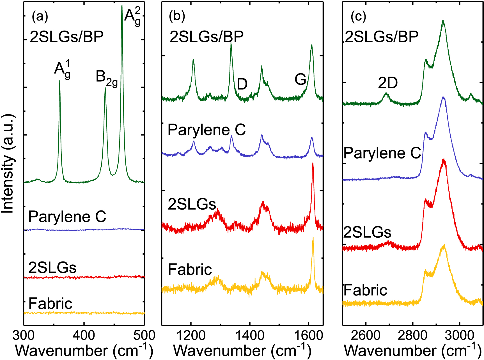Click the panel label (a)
click(40, 17)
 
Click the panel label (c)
click(358, 17)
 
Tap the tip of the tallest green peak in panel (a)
click(122, 6)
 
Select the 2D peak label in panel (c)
click(388, 83)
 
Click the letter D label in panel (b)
click(242, 84)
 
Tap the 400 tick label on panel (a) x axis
click(84, 336)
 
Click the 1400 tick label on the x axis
click(250, 336)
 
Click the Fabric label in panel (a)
click(51, 304)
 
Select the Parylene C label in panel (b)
click(207, 130)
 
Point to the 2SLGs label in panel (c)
click(367, 233)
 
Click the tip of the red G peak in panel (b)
click(313, 163)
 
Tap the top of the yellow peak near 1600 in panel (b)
click(313, 238)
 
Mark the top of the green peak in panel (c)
click(443, 20)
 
